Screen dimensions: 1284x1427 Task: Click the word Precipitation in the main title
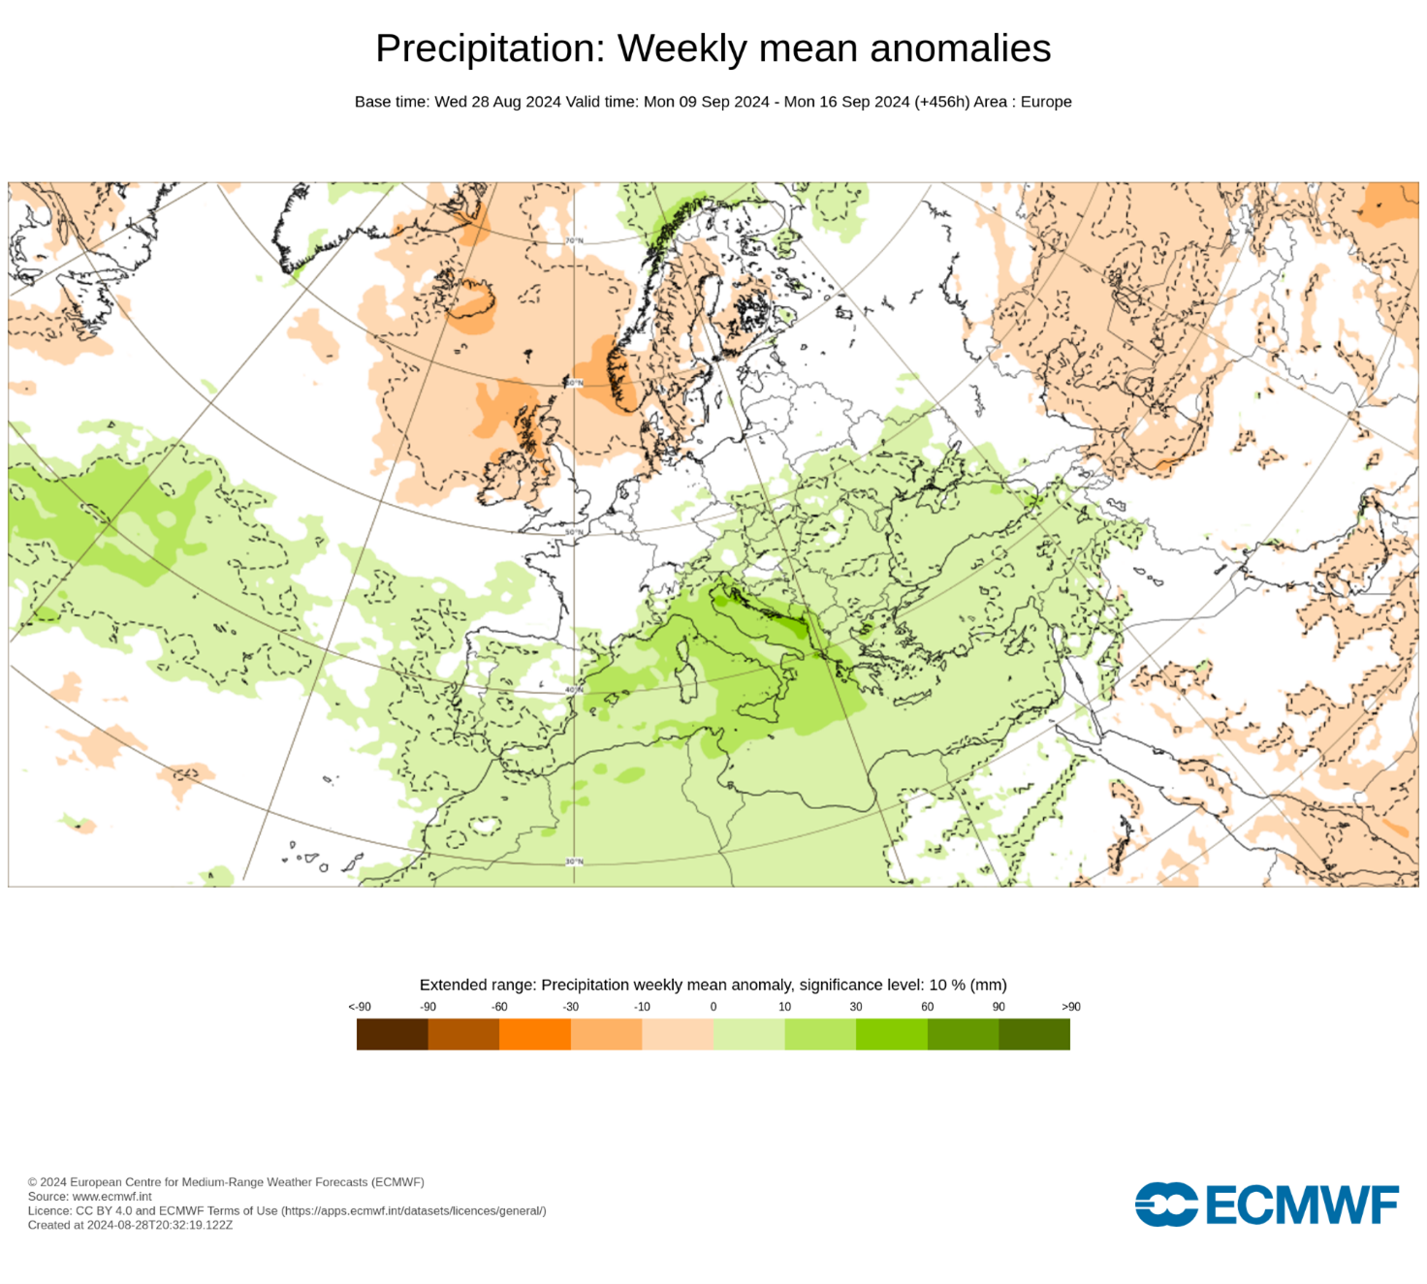490,48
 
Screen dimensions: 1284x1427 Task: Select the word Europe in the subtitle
1046,102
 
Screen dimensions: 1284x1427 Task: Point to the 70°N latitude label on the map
574,240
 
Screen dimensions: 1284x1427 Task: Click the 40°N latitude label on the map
574,690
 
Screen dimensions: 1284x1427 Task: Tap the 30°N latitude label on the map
574,861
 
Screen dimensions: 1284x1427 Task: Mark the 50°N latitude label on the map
574,532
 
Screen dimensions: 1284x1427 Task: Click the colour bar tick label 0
713,1007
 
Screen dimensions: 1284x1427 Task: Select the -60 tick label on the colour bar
499,1007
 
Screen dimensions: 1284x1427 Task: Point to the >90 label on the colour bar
1070,1007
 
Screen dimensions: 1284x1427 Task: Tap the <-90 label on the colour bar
360,1007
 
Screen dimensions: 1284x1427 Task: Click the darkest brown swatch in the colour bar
393,1034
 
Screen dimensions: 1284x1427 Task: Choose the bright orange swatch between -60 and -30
535,1034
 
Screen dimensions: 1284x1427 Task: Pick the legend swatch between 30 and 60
892,1034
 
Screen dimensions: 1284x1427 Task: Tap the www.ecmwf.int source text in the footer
111,1197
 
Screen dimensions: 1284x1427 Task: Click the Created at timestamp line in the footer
130,1225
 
